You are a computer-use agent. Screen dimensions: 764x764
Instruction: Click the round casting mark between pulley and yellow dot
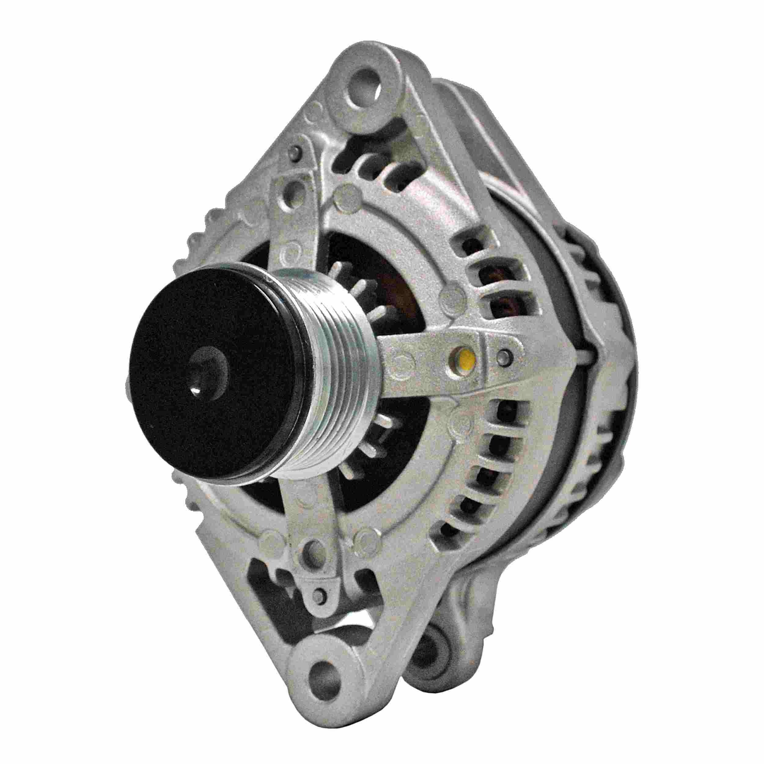coord(403,361)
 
